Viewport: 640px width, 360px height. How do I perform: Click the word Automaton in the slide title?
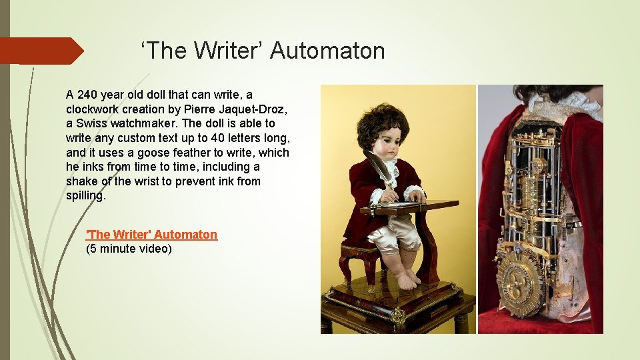pos(327,51)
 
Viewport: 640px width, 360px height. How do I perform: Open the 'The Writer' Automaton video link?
pos(152,235)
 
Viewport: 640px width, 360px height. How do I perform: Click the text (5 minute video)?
pos(129,249)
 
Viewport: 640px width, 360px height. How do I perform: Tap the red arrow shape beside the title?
pos(40,51)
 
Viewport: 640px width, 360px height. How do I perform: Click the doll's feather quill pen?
pos(377,168)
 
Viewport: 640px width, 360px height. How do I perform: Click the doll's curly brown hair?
pos(382,121)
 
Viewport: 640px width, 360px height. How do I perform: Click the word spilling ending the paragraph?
pos(85,196)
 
